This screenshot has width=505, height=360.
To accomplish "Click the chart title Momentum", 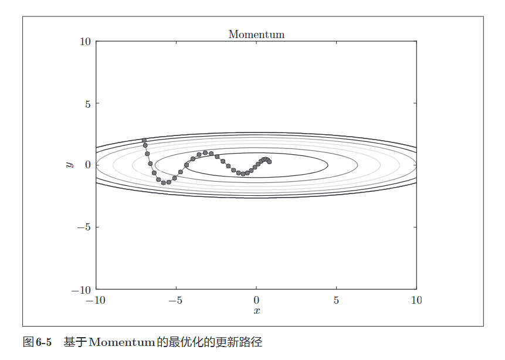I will click(256, 35).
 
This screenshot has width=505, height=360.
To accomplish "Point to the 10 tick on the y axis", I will click(86, 42).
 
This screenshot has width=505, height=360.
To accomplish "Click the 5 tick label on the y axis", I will click(88, 104).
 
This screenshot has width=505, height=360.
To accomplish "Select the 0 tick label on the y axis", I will click(88, 165).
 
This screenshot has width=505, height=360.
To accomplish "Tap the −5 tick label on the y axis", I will click(83, 227).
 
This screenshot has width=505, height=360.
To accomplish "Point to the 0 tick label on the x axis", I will click(256, 300).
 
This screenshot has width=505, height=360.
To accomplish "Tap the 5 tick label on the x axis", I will click(336, 300).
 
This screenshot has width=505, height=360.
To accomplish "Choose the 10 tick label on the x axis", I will click(416, 300).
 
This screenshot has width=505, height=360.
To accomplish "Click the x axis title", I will click(256, 311).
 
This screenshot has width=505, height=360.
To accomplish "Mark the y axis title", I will click(70, 165).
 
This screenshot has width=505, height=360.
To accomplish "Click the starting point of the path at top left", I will click(144, 141).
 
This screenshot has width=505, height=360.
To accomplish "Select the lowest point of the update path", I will click(164, 183).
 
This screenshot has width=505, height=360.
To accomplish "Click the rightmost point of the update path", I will click(269, 162).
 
